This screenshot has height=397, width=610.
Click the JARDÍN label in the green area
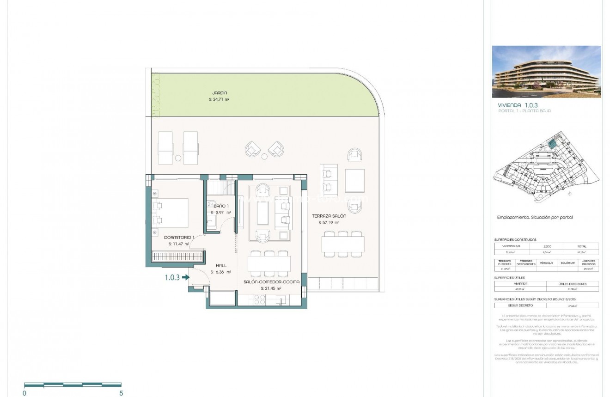220,93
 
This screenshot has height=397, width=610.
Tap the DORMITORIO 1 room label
179,237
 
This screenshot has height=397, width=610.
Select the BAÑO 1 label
221,205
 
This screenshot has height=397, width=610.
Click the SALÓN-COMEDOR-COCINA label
271,281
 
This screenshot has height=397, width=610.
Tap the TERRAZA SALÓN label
329,216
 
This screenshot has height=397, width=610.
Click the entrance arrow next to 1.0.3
186,277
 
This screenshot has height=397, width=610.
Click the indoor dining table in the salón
269,263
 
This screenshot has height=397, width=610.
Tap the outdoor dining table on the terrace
343,244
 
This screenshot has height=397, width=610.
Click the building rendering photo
546,72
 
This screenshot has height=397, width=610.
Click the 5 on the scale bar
121,393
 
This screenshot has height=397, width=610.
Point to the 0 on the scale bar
24,393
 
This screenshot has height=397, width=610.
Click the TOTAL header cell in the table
581,246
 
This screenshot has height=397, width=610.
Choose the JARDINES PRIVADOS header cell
588,263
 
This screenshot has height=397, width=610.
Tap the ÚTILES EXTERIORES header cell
572,284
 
